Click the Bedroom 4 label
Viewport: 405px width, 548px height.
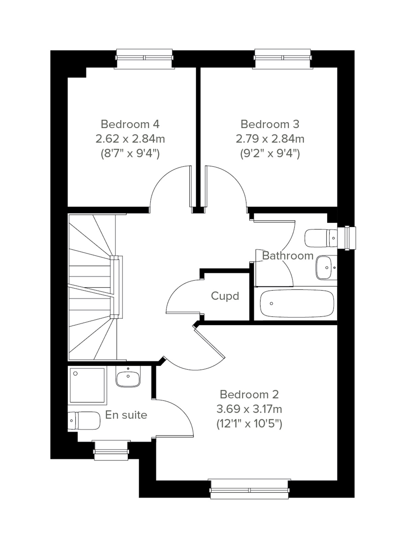coord(130,124)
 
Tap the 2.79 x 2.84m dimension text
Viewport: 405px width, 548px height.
coord(270,139)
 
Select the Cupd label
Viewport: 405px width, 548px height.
coord(225,296)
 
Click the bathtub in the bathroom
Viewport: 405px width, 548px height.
coord(297,304)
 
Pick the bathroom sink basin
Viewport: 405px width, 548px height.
coord(324,267)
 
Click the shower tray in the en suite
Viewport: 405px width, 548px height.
coord(87,385)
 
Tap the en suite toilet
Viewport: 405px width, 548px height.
coord(85,421)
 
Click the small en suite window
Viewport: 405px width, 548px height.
coord(111,450)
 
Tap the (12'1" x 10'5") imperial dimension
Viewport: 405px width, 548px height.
coord(249,424)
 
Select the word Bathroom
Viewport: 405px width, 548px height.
coord(288,256)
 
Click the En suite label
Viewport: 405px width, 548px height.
coord(126,415)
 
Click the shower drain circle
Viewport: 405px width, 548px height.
coord(76,374)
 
